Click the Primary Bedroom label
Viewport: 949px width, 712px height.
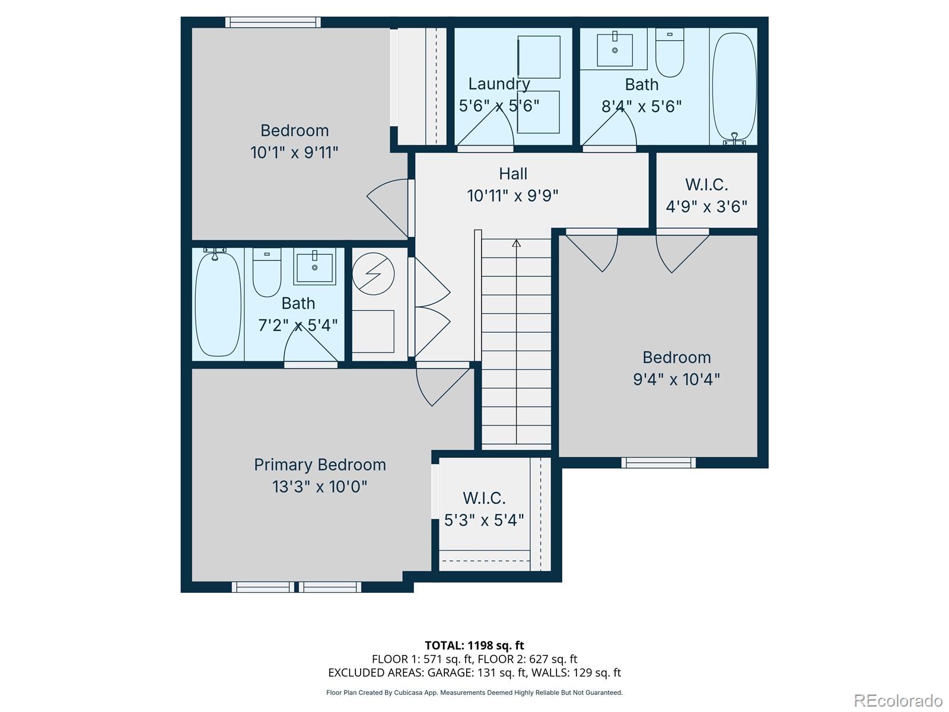tap(320, 465)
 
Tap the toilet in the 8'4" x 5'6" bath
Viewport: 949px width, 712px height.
tap(670, 55)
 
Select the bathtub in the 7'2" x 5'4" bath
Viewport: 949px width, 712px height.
tap(218, 304)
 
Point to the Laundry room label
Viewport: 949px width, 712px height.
tap(499, 84)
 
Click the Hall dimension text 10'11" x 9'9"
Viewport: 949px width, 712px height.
tap(512, 196)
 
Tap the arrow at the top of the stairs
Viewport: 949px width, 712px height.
tap(516, 243)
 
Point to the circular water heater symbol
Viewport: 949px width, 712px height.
tap(373, 274)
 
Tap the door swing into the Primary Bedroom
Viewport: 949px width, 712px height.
tap(439, 386)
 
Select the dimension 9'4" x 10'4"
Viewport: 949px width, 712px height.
tap(676, 379)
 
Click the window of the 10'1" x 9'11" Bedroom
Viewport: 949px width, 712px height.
tap(273, 23)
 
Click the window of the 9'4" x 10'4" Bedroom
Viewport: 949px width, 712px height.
tap(658, 462)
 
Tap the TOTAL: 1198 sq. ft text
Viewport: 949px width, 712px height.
tap(474, 645)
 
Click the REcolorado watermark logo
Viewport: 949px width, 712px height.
tap(898, 700)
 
